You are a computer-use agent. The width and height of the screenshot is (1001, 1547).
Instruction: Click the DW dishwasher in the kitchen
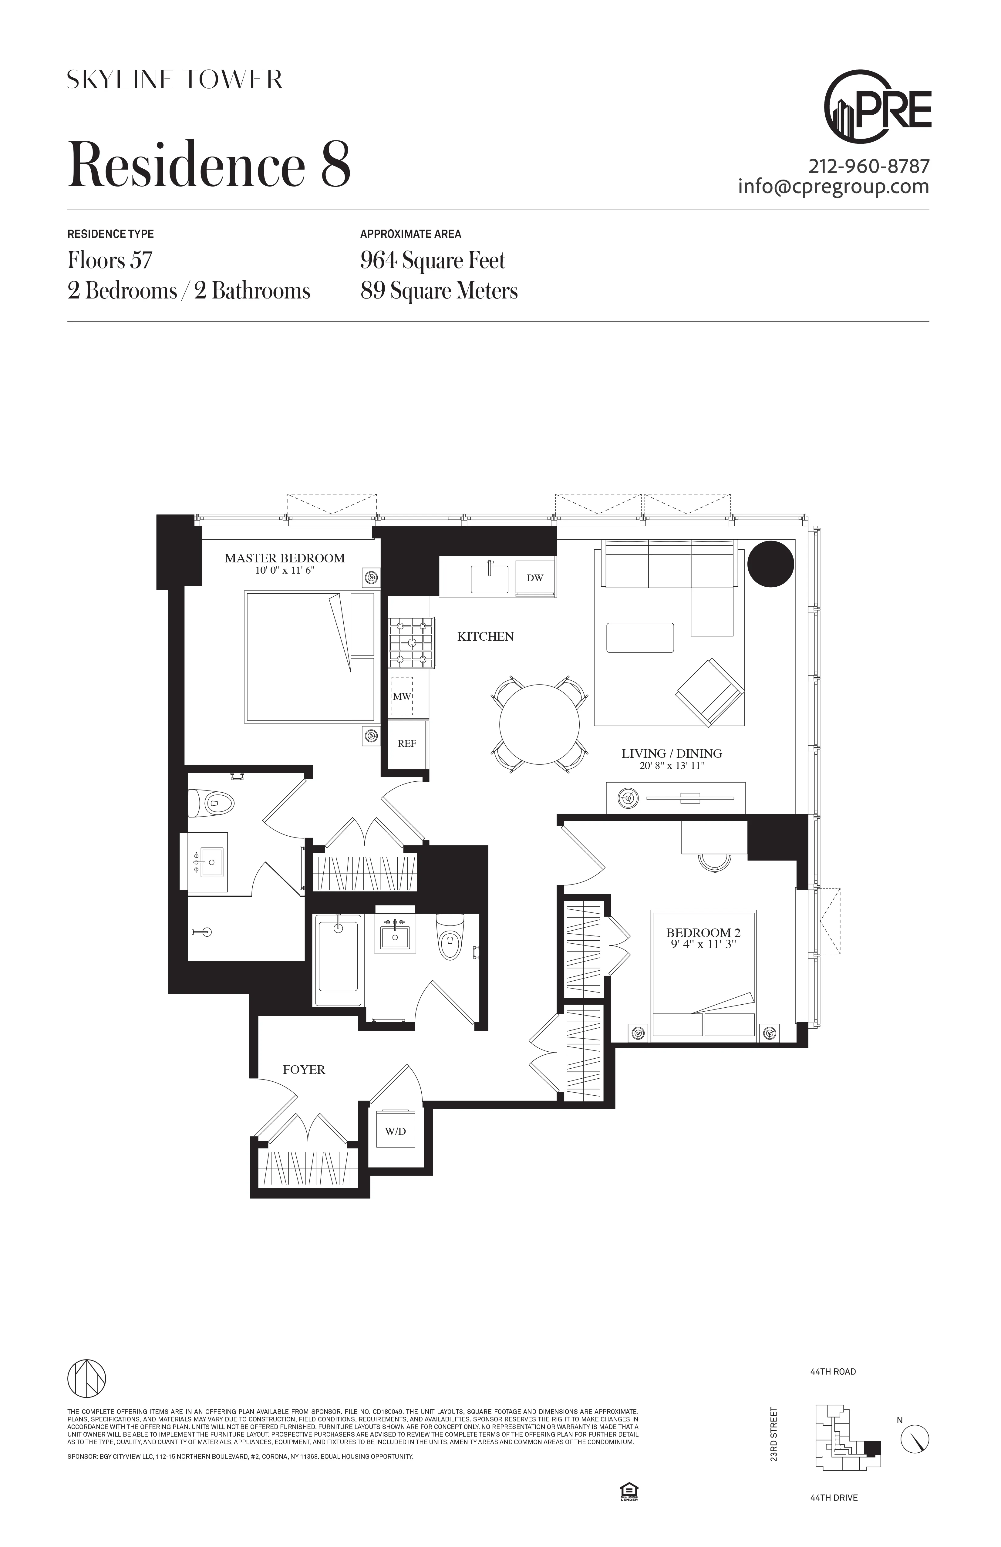click(x=535, y=578)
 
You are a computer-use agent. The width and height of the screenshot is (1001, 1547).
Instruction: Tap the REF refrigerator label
click(x=407, y=743)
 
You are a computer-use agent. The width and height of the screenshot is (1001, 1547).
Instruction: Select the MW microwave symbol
click(x=402, y=696)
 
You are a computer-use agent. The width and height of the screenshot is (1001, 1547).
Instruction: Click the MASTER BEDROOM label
click(x=285, y=558)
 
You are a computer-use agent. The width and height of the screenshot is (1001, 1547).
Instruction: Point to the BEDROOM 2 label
click(x=703, y=933)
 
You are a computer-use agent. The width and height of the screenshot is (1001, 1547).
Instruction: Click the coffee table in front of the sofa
click(x=640, y=638)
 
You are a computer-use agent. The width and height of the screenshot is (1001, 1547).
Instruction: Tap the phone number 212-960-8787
click(x=869, y=167)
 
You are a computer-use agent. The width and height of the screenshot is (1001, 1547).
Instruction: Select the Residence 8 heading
click(x=209, y=164)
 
